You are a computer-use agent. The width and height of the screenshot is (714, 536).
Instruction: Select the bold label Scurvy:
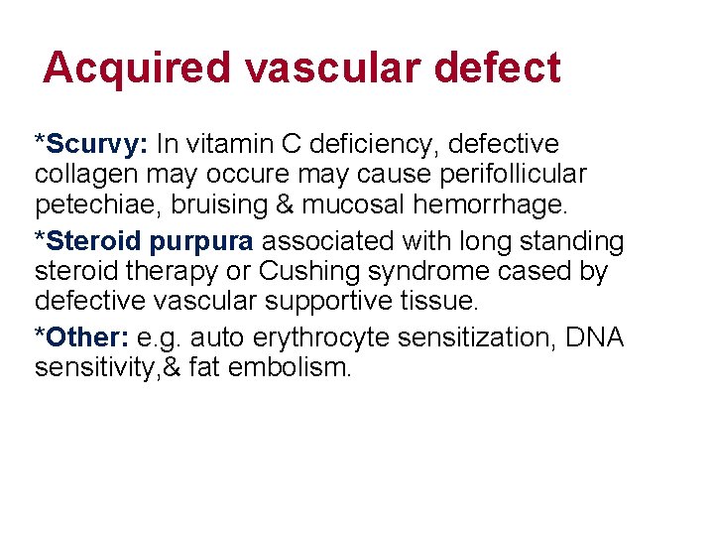click(x=95, y=145)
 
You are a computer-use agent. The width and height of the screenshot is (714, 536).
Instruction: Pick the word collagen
click(x=74, y=175)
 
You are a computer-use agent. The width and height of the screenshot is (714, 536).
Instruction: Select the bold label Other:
click(x=86, y=337)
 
